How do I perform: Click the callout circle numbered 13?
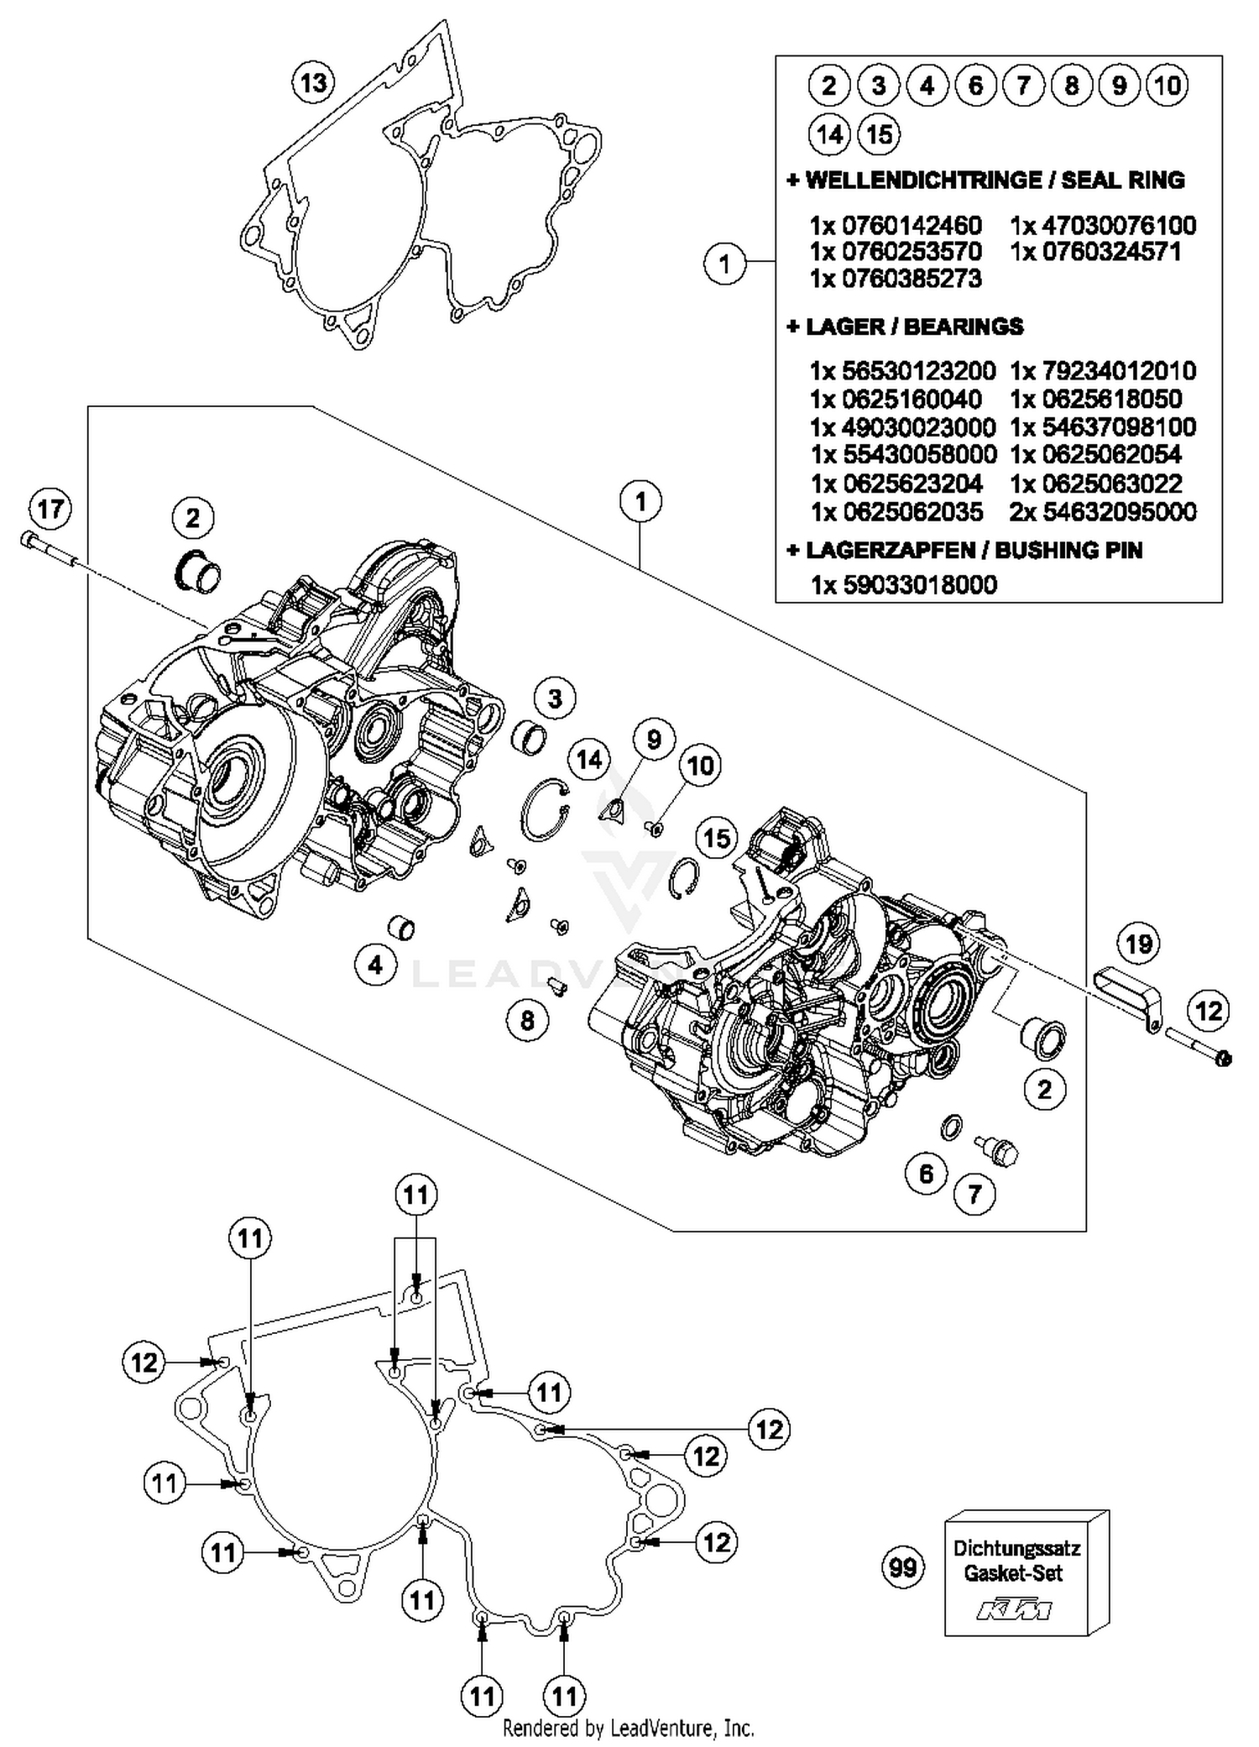(313, 83)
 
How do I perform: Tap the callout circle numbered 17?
(50, 509)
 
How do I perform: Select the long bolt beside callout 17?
(50, 550)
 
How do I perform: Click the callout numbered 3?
(555, 698)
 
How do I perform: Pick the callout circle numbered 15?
(717, 838)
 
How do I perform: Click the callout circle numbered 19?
(1137, 944)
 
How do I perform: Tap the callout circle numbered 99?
(903, 1567)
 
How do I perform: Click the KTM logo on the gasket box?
(1014, 1608)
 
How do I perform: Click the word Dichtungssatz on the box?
(1016, 1547)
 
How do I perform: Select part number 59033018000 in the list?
(903, 584)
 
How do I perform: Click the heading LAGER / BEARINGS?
(905, 327)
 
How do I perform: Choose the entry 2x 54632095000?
(1103, 511)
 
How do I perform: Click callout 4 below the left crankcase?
(374, 965)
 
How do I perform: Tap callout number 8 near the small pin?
(527, 1020)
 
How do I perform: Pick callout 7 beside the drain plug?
(974, 1193)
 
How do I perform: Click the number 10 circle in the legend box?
(1168, 85)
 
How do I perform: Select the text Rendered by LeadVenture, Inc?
(628, 1728)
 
